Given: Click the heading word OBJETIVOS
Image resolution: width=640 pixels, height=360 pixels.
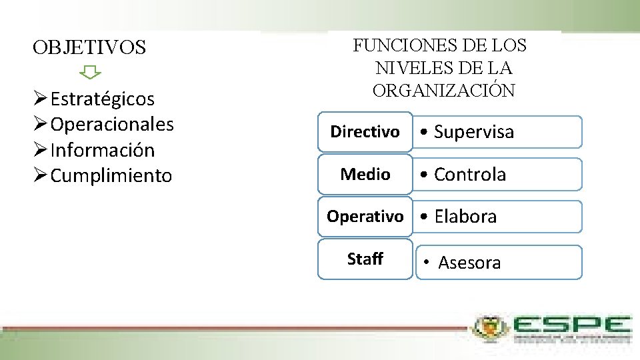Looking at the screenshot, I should (x=89, y=48).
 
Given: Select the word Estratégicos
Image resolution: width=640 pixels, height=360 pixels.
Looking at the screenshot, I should (x=102, y=99).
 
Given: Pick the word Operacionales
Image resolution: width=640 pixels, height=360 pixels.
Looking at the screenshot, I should (x=112, y=125).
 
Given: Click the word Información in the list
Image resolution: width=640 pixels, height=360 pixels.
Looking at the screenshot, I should (x=102, y=150).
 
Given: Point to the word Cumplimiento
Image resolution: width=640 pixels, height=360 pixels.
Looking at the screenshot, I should (x=111, y=176).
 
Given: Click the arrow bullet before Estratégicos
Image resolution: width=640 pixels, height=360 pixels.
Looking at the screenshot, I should (x=40, y=99).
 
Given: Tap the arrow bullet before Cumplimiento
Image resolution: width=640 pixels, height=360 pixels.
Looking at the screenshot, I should (x=40, y=176).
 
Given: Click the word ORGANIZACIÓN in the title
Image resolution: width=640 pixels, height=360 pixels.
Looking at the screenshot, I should (x=443, y=91).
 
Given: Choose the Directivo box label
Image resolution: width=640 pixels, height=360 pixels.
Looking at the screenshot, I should (x=365, y=132).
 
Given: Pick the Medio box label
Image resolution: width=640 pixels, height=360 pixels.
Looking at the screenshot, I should (x=365, y=175).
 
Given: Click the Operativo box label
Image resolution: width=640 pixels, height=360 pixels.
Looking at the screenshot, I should (x=365, y=217).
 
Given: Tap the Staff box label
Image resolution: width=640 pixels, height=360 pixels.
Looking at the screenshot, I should (x=365, y=259).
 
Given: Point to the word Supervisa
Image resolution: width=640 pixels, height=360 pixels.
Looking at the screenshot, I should (x=474, y=132).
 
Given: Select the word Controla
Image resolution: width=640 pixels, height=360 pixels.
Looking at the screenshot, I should (x=470, y=175).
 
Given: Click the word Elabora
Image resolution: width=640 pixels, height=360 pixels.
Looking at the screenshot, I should (x=465, y=217).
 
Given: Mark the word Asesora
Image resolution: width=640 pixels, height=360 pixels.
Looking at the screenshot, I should (x=469, y=263).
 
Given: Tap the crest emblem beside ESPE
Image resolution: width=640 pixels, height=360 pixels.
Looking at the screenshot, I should (x=490, y=327).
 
